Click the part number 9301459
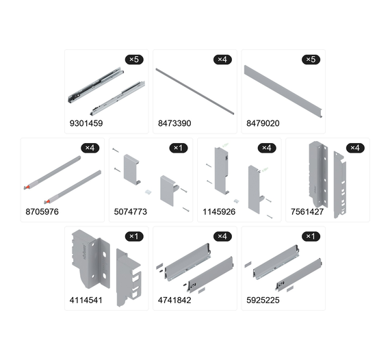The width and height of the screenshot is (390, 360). tap(86, 123)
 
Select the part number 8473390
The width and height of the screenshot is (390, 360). tap(174, 123)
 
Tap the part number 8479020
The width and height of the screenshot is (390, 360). tap(263, 123)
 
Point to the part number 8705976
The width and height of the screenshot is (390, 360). tap(42, 211)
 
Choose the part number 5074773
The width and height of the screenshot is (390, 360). tap(130, 211)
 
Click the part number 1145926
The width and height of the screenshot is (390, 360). tap(219, 211)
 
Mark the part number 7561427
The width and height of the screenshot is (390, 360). tap(307, 211)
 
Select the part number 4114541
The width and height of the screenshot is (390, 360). tap(86, 300)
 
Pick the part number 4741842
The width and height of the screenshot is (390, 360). tap(174, 300)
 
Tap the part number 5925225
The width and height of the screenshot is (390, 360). tap(263, 300)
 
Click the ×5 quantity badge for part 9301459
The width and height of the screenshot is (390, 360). tap(134, 60)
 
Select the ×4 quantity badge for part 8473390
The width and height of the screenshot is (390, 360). tap(222, 60)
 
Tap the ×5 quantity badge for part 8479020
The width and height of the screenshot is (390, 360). tap(311, 60)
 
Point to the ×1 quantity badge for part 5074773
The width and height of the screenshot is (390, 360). tap(179, 148)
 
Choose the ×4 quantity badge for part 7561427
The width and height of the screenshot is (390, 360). tap(355, 148)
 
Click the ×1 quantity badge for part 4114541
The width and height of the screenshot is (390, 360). tap(134, 236)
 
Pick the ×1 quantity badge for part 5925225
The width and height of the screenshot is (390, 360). tap(311, 236)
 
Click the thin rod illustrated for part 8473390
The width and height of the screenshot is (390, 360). tap(195, 91)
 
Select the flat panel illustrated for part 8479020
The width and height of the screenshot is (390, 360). tap(283, 91)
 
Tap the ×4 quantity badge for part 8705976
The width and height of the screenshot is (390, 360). tap(90, 148)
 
